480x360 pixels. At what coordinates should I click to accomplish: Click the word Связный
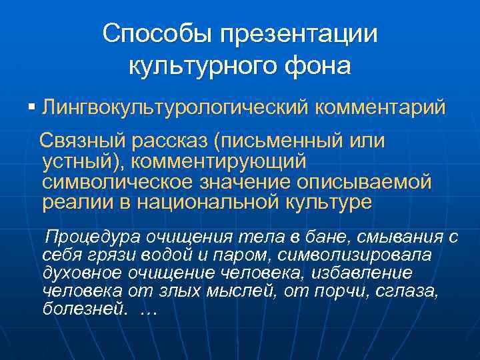point(83,141)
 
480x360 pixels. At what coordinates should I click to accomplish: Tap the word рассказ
point(175,141)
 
